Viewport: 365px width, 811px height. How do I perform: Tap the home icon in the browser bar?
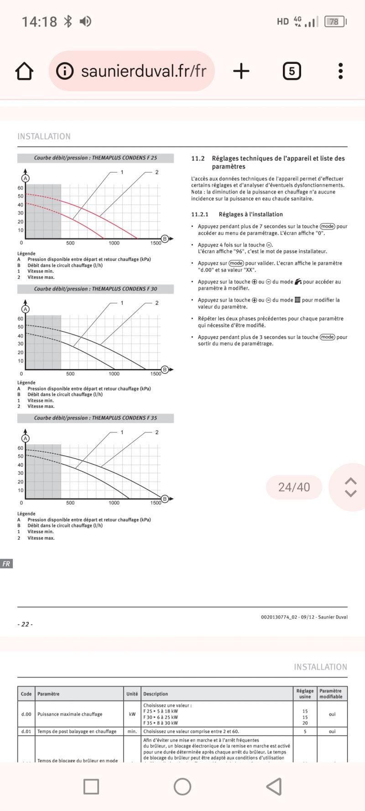coord(24,71)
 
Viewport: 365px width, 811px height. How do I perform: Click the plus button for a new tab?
coord(241,71)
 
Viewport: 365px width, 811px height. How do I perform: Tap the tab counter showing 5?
coord(292,71)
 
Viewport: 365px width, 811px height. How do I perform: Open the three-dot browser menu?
coord(340,71)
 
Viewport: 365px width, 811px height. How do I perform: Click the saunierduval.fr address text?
coord(143,71)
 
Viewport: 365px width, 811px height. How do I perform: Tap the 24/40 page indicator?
coord(294,487)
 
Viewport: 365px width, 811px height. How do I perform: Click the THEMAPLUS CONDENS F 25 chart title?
coord(95,158)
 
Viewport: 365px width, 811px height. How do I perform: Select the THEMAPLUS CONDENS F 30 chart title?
coord(95,289)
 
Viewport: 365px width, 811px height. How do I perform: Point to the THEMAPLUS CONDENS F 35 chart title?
coord(95,418)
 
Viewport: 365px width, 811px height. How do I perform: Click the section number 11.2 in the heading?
coord(198,158)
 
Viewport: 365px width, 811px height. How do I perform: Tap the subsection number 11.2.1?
coord(199,214)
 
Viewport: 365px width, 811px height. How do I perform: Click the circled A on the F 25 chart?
coord(26,178)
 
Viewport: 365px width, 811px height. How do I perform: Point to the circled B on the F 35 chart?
coord(165,499)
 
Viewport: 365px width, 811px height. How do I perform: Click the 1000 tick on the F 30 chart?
coord(114,374)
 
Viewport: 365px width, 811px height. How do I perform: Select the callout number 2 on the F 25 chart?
coord(156,172)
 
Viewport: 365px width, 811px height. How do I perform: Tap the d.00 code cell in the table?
coord(26,714)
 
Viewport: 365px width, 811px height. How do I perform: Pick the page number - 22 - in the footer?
coord(25,624)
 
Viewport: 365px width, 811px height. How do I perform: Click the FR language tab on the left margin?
coord(6,564)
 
